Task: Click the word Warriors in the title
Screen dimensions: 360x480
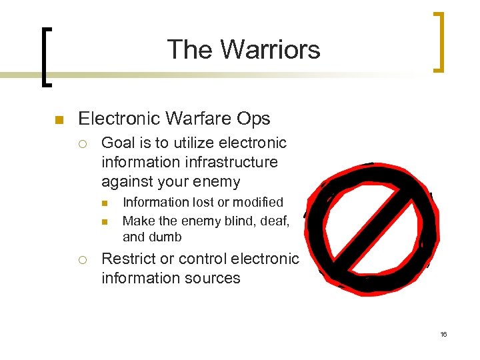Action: pyautogui.click(x=270, y=49)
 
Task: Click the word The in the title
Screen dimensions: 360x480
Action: pyautogui.click(x=191, y=49)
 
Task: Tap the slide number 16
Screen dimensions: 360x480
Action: pyautogui.click(x=443, y=334)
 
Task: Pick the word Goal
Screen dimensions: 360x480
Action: pyautogui.click(x=117, y=143)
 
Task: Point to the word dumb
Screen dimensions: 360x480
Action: pyautogui.click(x=165, y=237)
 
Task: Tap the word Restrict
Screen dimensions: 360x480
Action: pyautogui.click(x=127, y=259)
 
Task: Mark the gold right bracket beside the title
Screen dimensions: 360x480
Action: pyautogui.click(x=439, y=41)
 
